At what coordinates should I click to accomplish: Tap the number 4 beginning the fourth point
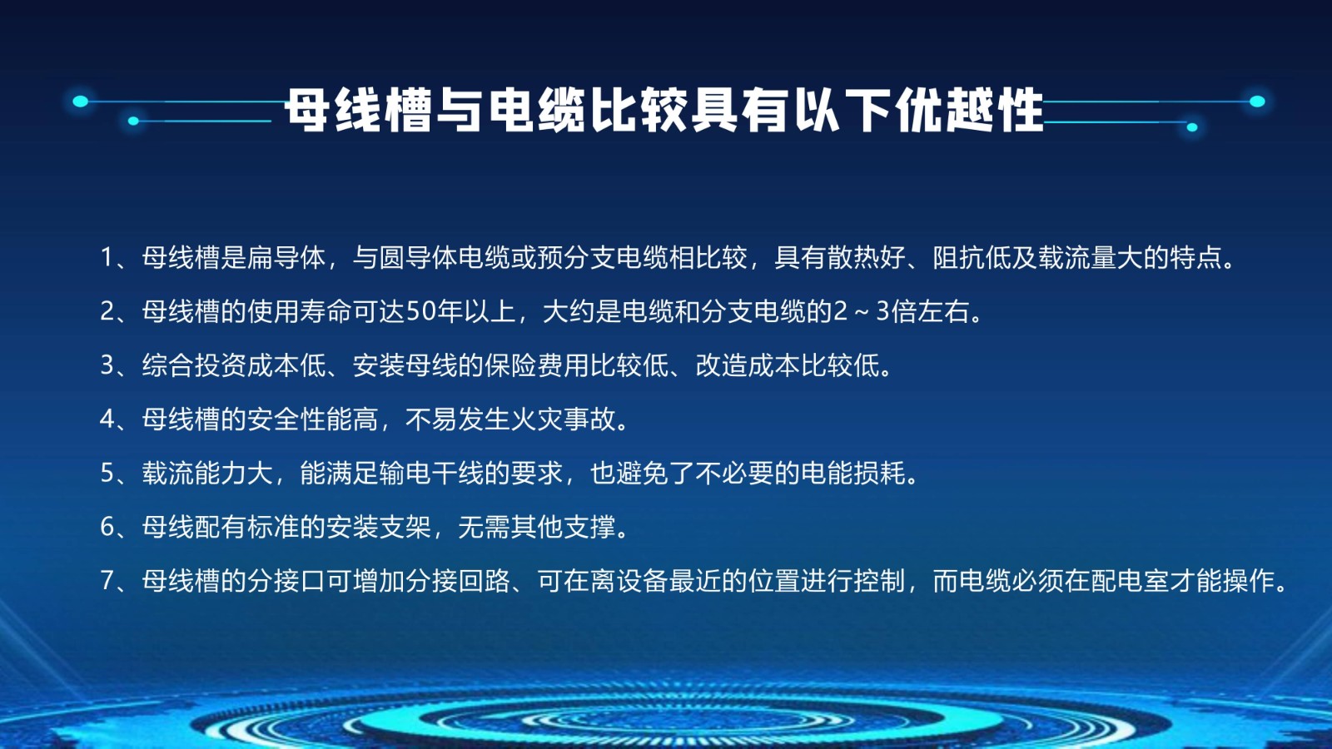(x=107, y=419)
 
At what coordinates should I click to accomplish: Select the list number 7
(x=107, y=581)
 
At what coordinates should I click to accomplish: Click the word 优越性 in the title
(x=970, y=110)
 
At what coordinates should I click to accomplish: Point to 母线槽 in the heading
(x=359, y=110)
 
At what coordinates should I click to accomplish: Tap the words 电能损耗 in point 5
(x=853, y=474)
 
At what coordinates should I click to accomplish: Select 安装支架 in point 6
(x=378, y=527)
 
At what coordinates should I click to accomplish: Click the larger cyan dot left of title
(x=80, y=101)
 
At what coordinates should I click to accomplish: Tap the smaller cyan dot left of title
(x=133, y=122)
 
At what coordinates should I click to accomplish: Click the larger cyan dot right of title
(x=1257, y=102)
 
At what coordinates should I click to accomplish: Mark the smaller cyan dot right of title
(x=1191, y=127)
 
